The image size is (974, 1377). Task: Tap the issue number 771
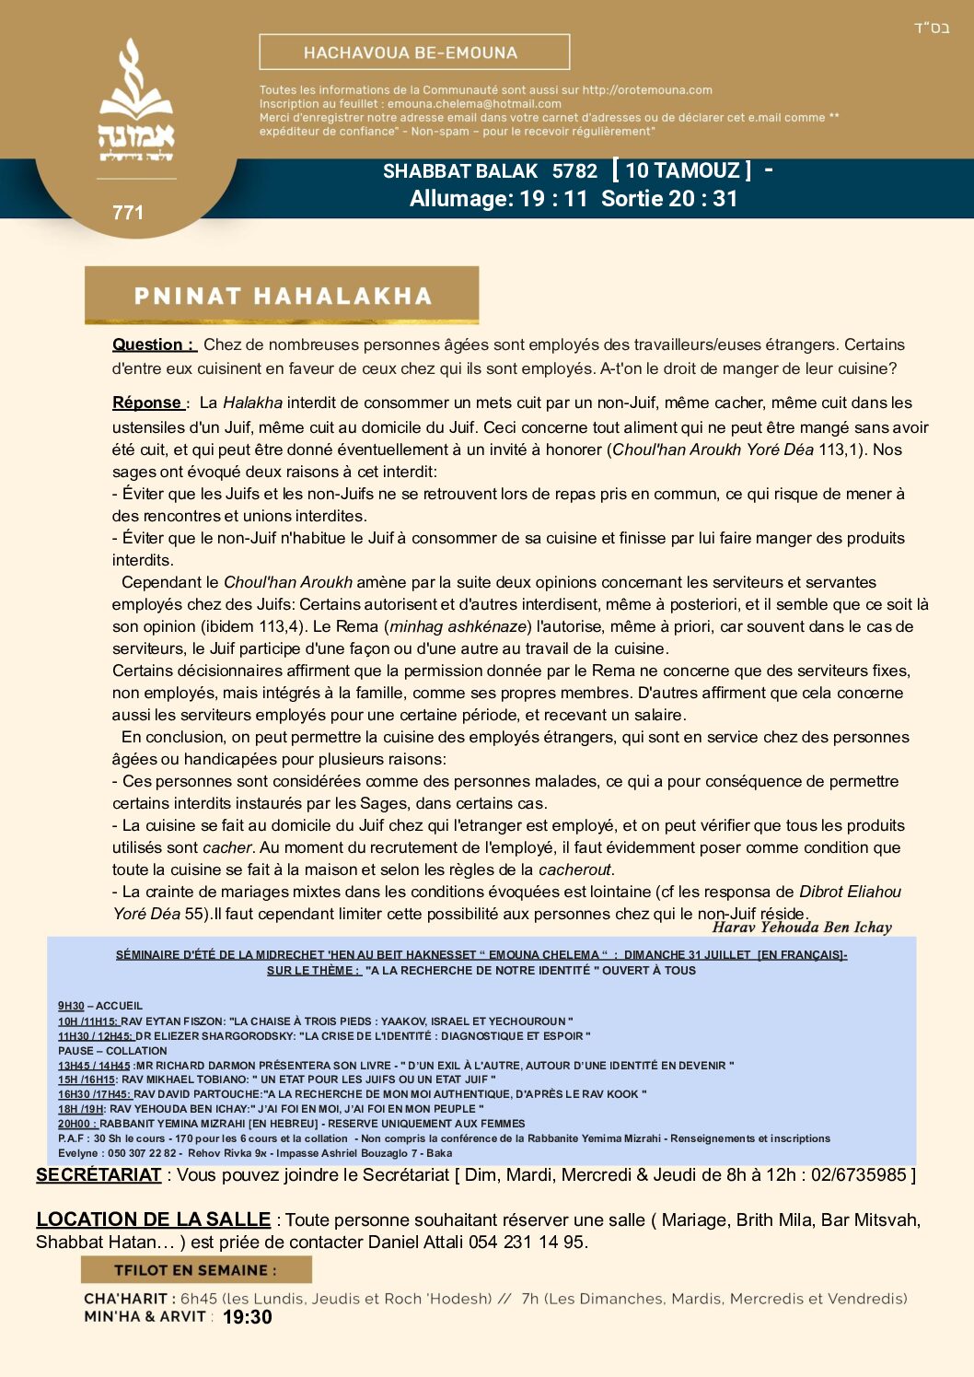(128, 213)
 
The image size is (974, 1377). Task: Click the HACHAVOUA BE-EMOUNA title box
(414, 53)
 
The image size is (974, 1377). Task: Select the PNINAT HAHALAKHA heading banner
(282, 296)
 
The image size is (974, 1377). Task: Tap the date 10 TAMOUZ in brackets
(681, 170)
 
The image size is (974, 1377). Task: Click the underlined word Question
(153, 344)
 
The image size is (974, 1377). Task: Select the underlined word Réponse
(148, 403)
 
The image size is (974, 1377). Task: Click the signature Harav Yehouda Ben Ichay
(802, 928)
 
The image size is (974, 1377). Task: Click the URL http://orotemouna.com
(647, 90)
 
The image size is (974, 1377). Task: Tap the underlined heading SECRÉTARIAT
(99, 1174)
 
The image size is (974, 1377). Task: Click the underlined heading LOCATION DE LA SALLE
(153, 1219)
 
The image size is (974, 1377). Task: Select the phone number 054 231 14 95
(527, 1242)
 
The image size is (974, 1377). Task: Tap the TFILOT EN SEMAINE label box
(196, 1270)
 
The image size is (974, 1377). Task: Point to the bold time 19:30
(247, 1317)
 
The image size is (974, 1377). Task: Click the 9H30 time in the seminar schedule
(71, 1006)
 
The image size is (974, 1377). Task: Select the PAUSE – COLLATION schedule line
(112, 1050)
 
